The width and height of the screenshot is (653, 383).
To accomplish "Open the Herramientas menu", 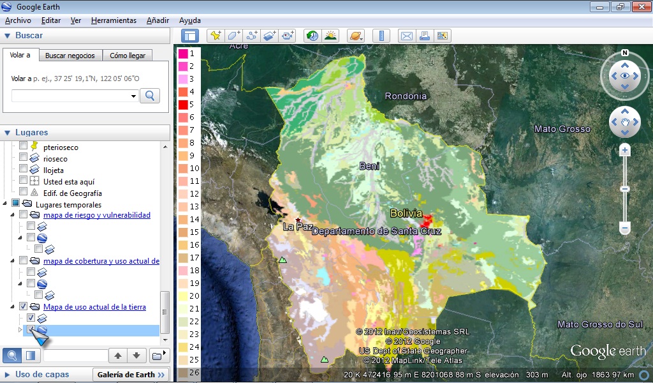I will point(114,20).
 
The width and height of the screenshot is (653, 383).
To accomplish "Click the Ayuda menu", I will point(189,20).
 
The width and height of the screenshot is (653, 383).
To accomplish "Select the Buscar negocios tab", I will point(70,56).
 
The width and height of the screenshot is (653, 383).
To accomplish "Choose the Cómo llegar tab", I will point(128,56).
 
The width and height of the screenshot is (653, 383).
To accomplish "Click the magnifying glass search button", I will point(150,96).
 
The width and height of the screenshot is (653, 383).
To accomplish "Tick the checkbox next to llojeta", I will point(24,170).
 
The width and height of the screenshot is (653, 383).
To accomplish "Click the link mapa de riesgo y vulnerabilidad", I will point(97,215).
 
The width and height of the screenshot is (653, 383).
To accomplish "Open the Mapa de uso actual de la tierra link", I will point(94,307).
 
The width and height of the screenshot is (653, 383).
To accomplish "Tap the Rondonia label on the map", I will point(406,96).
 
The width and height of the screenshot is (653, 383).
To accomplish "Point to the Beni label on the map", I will point(369,166).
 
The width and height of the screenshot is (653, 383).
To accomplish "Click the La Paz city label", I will point(298,226).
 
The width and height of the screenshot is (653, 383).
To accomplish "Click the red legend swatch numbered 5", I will point(182,105).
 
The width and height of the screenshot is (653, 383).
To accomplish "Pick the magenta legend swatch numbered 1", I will point(182,54).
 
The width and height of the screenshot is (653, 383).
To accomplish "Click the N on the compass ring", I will point(625,53).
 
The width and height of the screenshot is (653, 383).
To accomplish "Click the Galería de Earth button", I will point(131,375).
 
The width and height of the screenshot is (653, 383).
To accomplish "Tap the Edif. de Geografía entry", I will point(72,193).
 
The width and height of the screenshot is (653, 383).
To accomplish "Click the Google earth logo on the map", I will point(607,351).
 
